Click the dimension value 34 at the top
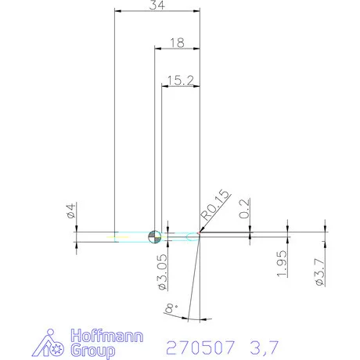157,5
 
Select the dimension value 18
177,43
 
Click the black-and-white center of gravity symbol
155,236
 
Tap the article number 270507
203,345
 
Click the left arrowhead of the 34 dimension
118,11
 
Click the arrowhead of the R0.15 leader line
200,232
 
